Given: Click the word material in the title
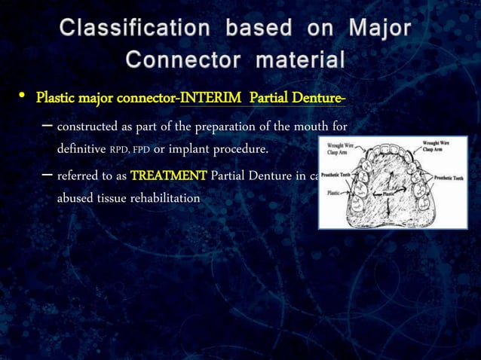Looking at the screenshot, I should coord(299,59).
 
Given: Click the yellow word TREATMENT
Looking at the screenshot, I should coord(168,176).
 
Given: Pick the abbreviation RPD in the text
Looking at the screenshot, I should coord(119,150).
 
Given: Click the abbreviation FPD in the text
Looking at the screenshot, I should coord(141,150).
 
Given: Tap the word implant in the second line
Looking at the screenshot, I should coord(191,149).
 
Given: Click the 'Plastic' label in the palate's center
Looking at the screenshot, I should coord(389,193).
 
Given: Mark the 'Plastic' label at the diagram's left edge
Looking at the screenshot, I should coord(332,192).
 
